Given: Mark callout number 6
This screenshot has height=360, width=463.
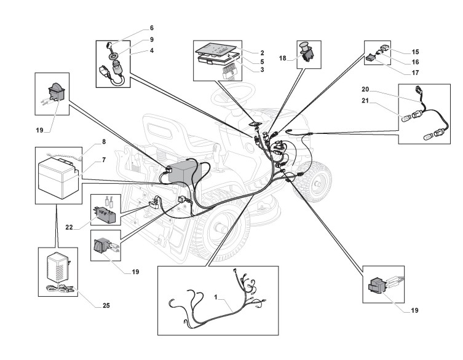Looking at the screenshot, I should coord(152,28).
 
